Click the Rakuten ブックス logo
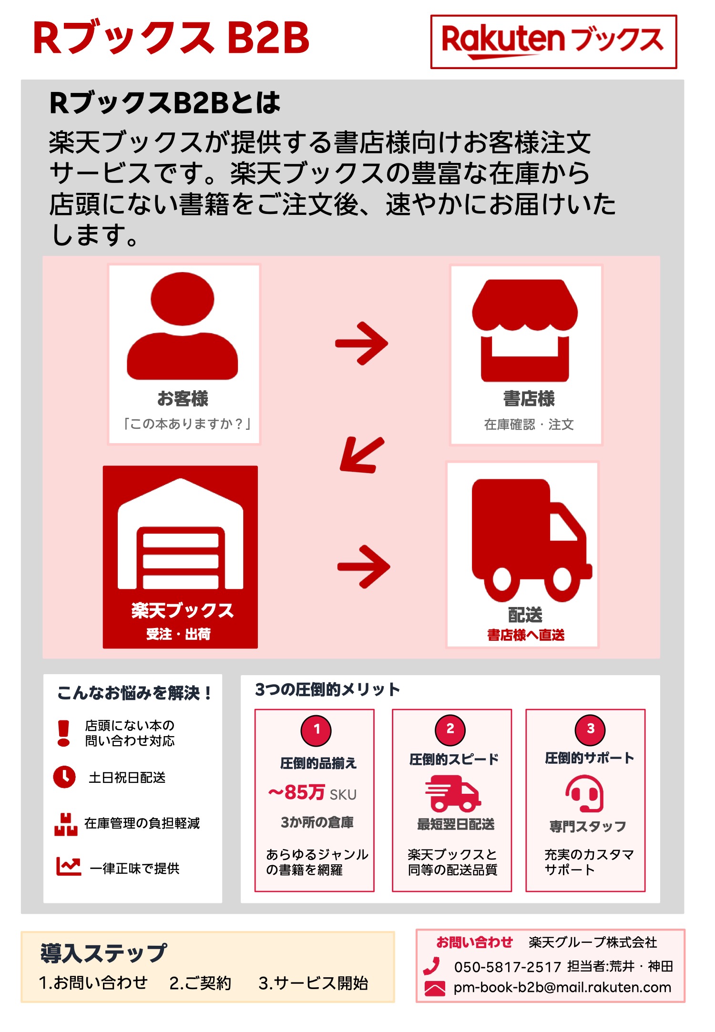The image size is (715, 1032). (x=553, y=41)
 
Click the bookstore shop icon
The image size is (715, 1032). (x=525, y=330)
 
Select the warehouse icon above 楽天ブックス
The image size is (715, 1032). (x=180, y=536)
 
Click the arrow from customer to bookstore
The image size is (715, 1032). (x=362, y=343)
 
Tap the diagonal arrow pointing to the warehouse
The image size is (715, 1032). (x=361, y=455)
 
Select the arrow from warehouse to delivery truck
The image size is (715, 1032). (x=364, y=567)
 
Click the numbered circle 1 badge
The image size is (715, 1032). (x=316, y=729)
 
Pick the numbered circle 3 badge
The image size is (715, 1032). (x=590, y=728)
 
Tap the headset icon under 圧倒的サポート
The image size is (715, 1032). (x=585, y=793)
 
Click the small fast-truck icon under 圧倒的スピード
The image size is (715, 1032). (x=452, y=793)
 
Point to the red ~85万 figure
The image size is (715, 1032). (x=297, y=793)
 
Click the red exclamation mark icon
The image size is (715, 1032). (x=63, y=733)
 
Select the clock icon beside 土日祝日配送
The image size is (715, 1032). (x=64, y=777)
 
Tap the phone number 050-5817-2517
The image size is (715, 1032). (x=507, y=967)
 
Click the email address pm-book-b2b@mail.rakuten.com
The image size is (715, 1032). (x=562, y=987)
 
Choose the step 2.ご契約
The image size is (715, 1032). (x=200, y=983)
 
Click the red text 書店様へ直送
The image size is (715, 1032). (x=525, y=635)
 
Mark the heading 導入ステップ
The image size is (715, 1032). (x=103, y=953)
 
